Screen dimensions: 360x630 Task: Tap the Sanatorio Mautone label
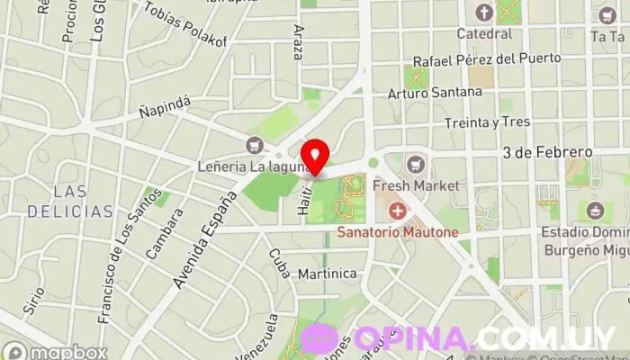click(x=398, y=232)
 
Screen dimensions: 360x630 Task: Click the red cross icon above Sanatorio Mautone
click(x=396, y=211)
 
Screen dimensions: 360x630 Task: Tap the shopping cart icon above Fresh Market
click(x=416, y=165)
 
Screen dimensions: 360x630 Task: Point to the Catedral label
click(x=484, y=33)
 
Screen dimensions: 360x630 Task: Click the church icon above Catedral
click(x=484, y=13)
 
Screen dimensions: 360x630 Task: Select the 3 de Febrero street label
click(x=548, y=151)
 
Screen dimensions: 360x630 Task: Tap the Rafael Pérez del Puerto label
click(x=488, y=59)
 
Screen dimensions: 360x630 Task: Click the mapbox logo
click(x=55, y=351)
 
